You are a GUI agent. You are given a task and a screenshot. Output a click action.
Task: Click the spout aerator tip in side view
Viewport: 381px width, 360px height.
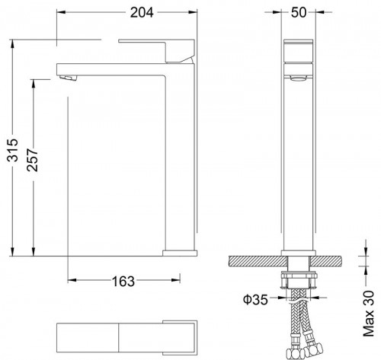(68, 77)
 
